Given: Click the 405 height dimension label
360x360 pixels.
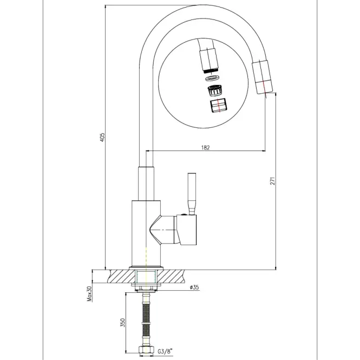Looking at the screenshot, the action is point(103,137).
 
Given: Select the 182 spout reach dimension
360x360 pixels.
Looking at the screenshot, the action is point(206,147).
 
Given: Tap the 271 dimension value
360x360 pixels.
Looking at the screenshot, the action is point(272,181).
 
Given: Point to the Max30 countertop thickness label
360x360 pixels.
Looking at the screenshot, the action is point(89,293).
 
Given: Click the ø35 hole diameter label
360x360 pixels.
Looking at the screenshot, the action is point(194,287).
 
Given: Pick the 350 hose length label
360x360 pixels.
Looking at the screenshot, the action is point(122,323).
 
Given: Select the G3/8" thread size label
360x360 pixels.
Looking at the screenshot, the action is point(165,351).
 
